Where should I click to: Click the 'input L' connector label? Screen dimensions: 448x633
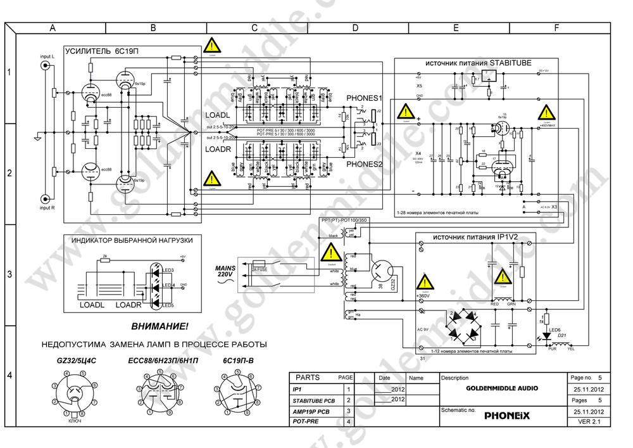click(47, 57)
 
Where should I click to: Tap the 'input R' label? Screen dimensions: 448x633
click(47, 207)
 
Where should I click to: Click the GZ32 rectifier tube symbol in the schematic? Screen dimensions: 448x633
click(384, 272)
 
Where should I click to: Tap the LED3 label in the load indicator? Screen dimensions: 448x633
click(168, 270)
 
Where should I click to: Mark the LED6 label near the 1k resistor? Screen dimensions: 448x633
click(555, 330)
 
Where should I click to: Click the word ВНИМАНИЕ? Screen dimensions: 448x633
click(160, 327)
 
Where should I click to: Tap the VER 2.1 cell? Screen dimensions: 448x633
click(588, 422)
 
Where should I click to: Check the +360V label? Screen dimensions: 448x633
click(423, 297)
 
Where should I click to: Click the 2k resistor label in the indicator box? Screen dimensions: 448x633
click(105, 257)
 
